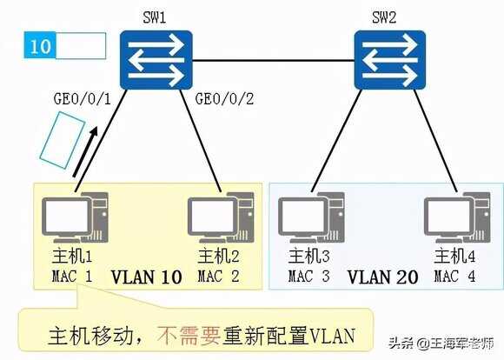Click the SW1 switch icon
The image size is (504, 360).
(x=156, y=60)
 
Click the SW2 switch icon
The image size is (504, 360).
(x=390, y=60)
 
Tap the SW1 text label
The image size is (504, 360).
(x=155, y=17)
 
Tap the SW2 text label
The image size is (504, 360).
(x=384, y=17)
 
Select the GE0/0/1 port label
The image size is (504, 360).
(x=83, y=99)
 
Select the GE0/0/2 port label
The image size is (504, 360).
(x=224, y=99)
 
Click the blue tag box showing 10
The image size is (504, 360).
(x=40, y=46)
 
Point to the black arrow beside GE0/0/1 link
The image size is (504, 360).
(x=85, y=151)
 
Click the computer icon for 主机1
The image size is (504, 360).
(x=75, y=217)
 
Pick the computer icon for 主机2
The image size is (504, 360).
(x=221, y=217)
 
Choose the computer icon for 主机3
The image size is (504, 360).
(x=311, y=217)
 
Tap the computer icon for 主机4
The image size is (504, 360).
(x=457, y=217)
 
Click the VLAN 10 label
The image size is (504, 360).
(x=147, y=277)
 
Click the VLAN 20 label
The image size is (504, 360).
(x=383, y=277)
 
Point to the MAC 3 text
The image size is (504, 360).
(x=308, y=277)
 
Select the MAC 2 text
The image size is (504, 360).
(x=218, y=277)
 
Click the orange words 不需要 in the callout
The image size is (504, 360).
(x=189, y=336)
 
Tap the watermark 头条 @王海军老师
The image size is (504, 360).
(x=441, y=343)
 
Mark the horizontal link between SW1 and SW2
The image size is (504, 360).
(x=273, y=60)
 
